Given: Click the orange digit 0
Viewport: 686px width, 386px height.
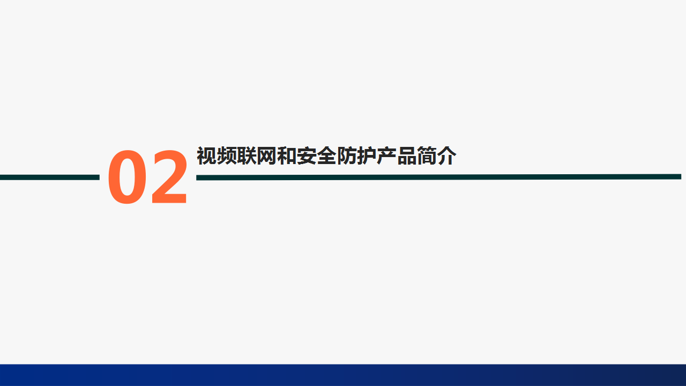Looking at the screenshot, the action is tap(127, 177).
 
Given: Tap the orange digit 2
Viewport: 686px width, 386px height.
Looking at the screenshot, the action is tap(169, 176).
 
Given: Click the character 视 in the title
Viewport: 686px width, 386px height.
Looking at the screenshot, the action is tap(206, 156).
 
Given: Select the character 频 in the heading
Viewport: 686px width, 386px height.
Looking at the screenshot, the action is tap(226, 156).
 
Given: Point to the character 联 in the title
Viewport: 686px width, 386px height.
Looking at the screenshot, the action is tap(247, 156).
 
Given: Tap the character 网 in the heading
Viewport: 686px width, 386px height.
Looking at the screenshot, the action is tap(266, 156).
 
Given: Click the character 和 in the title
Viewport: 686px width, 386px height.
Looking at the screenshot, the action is tap(286, 156).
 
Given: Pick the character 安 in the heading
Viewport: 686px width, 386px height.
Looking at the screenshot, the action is tap(307, 156).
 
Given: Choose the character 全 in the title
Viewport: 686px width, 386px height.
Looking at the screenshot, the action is tap(326, 156).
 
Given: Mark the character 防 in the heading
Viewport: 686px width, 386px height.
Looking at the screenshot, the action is tap(346, 156).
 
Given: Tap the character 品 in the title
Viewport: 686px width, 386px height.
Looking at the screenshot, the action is tap(406, 156).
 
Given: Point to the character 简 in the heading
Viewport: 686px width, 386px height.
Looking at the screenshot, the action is tap(427, 156).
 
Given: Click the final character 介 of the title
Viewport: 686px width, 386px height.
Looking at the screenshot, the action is tap(446, 156).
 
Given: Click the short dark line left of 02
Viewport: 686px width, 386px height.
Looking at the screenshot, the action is tap(50, 177).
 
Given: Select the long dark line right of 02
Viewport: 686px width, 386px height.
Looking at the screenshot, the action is tap(438, 177).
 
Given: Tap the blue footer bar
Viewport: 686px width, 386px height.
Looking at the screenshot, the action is tap(343, 375).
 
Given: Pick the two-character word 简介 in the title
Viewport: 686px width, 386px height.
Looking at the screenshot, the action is tap(436, 156).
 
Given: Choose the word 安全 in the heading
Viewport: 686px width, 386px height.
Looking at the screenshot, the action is tap(316, 156).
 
